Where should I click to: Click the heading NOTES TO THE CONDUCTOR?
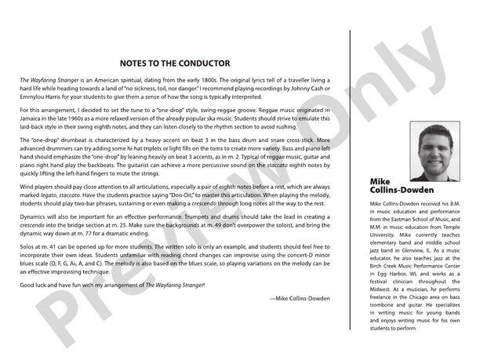pyautogui.click(x=175, y=63)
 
